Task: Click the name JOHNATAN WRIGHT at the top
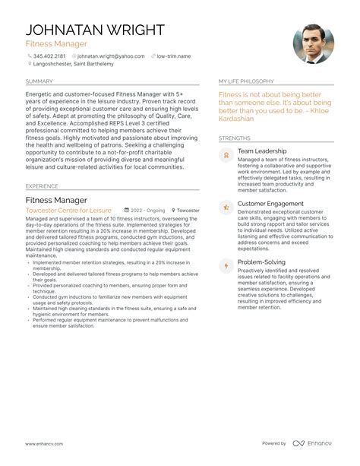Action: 95,30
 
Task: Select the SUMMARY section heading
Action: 39,81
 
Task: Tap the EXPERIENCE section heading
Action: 42,185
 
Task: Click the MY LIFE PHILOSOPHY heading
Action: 246,81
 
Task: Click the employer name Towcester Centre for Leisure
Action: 68,210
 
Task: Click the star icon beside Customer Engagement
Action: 225,207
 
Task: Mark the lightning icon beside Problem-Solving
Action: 225,265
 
